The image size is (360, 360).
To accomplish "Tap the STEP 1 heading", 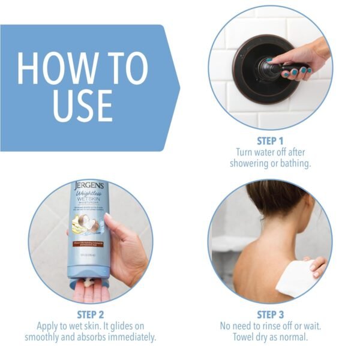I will tap(270, 141).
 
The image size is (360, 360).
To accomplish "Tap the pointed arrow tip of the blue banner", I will tap(178, 88).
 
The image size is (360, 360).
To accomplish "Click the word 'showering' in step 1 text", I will tap(251, 164).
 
